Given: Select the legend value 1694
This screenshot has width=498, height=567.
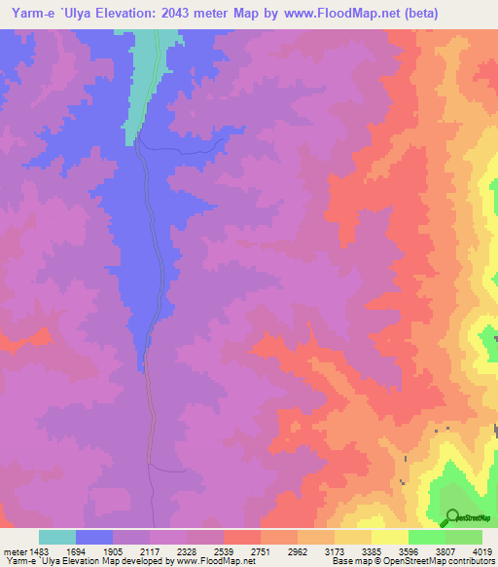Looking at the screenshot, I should (x=76, y=551).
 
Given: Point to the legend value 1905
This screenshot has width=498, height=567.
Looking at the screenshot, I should (x=113, y=551).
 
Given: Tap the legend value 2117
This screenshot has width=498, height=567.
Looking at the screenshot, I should (x=150, y=551).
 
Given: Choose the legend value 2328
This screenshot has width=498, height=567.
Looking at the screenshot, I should (x=187, y=551).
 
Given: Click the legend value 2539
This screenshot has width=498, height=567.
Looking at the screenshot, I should (x=224, y=551).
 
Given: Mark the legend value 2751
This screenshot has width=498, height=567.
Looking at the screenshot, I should (x=261, y=551).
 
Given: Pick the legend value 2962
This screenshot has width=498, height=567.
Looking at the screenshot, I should (x=298, y=551).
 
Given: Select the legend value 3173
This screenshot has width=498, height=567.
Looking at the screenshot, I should (x=335, y=551).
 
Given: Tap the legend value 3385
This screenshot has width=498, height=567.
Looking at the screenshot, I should (x=372, y=551).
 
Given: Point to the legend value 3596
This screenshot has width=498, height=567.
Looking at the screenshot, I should (x=409, y=551).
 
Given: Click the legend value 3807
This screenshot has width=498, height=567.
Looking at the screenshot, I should (x=445, y=551).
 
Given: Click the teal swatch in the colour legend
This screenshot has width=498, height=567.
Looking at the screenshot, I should (x=57, y=537).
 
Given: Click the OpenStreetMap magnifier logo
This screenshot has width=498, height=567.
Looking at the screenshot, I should (x=451, y=517).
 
